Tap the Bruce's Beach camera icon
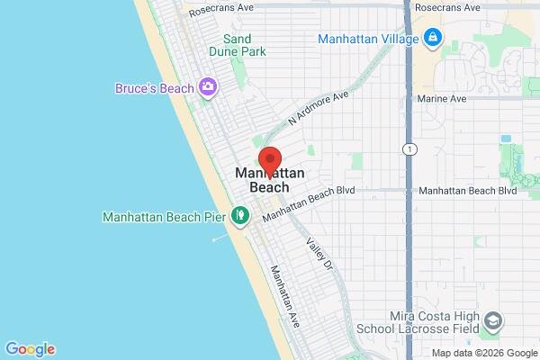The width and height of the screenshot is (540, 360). [x=209, y=87]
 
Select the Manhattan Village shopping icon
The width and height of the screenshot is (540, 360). [x=433, y=39]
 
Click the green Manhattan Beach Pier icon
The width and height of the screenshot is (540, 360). [x=240, y=216]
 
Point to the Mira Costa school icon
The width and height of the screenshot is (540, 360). [x=493, y=321]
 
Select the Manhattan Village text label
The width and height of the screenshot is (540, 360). [x=369, y=39]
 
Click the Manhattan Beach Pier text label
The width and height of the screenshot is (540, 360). [x=166, y=217]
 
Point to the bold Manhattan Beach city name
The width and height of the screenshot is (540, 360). [x=263, y=180]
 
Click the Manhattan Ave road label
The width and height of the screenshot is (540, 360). [x=283, y=295]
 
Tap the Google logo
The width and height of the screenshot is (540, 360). [x=30, y=349]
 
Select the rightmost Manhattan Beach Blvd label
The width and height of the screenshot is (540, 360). [x=468, y=191]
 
